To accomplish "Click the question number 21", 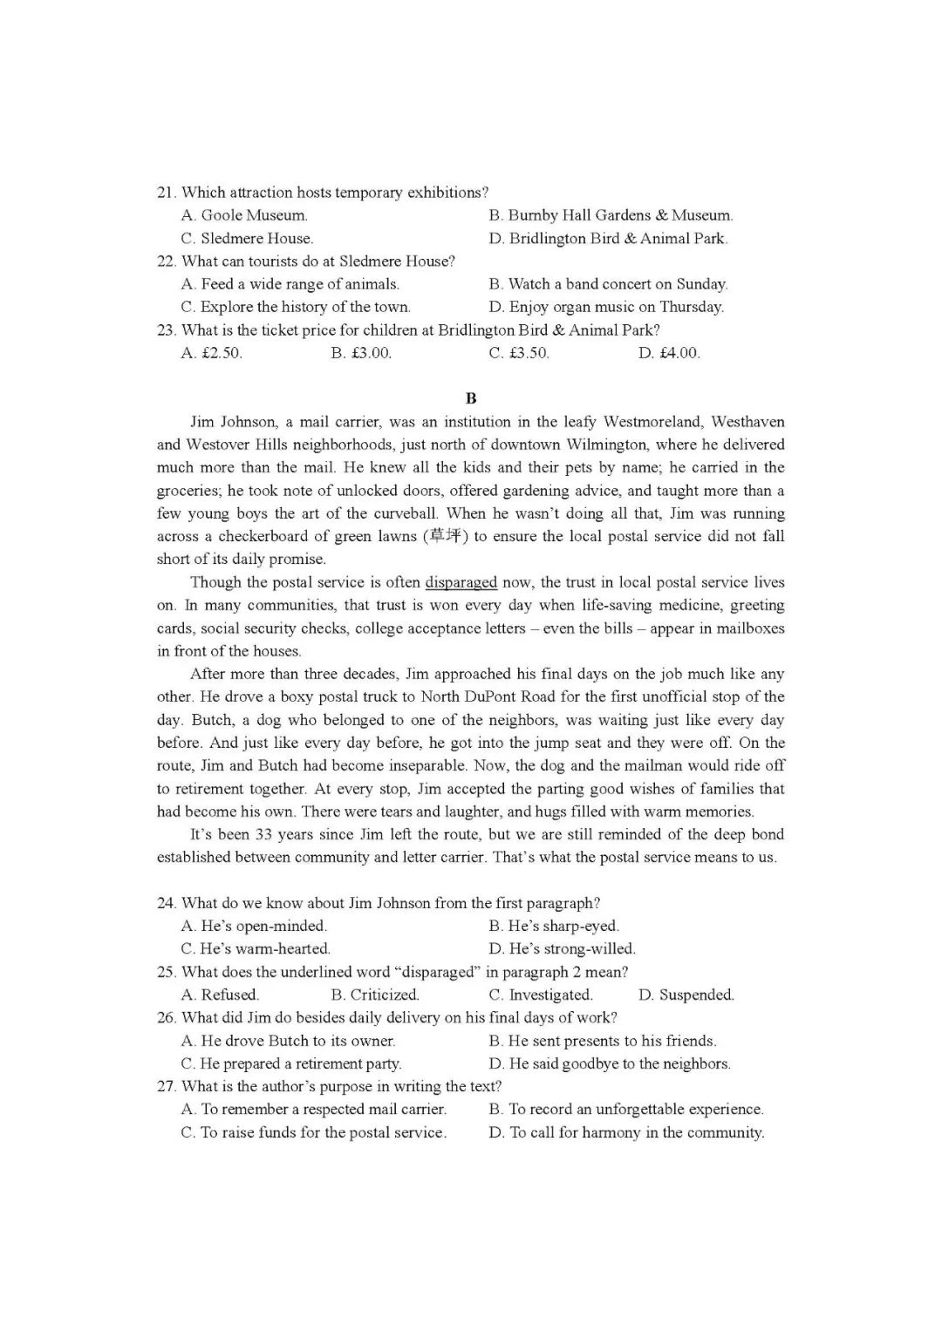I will [x=166, y=193].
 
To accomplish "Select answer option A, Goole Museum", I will [x=244, y=215].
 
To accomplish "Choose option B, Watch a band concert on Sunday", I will [x=608, y=284].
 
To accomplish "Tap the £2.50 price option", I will [x=212, y=353].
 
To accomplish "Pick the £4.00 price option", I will [x=669, y=353].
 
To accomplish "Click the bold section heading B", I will [x=471, y=398].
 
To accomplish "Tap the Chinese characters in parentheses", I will [x=445, y=536].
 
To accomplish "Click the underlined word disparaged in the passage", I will [x=461, y=582].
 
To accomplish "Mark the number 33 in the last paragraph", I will [x=263, y=834].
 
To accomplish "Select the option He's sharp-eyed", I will [x=554, y=926].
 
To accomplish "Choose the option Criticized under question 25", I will [x=375, y=995].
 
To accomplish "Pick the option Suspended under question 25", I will [x=686, y=995].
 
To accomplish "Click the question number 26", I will [x=166, y=1017].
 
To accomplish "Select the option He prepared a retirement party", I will [x=291, y=1063].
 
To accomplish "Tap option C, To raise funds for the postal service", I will [x=314, y=1132].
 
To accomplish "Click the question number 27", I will [x=166, y=1086].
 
